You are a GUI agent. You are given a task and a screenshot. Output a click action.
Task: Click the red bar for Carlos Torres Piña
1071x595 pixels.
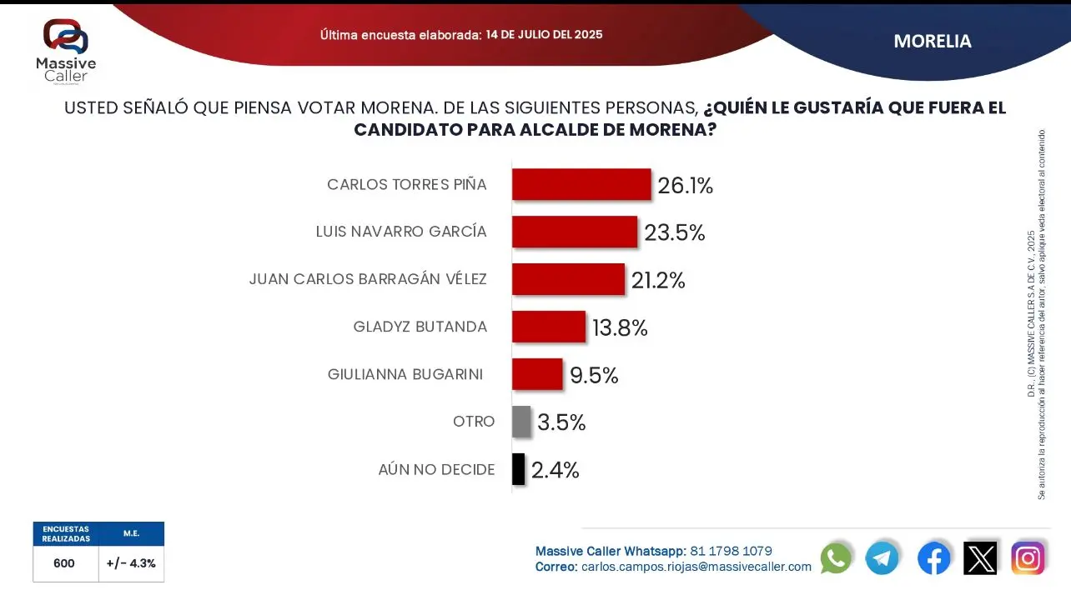click(581, 184)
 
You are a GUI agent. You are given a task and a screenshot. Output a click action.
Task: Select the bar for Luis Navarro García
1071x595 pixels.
click(574, 232)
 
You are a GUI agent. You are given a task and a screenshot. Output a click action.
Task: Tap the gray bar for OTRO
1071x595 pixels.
click(520, 422)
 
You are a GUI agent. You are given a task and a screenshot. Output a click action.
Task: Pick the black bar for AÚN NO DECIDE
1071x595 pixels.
click(518, 469)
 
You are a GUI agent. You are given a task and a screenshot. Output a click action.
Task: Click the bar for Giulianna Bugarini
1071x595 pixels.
click(536, 374)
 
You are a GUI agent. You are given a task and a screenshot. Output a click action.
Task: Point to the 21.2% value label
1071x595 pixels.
click(658, 281)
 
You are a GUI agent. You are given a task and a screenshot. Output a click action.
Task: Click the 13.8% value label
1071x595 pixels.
click(620, 328)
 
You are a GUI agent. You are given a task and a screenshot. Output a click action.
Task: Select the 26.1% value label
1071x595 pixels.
click(685, 186)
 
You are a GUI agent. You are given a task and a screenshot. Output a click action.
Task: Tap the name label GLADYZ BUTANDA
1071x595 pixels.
click(420, 327)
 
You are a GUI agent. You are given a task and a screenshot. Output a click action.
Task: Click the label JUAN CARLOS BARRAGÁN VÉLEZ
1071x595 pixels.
click(368, 279)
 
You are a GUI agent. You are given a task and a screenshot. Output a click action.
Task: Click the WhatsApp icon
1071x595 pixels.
click(836, 557)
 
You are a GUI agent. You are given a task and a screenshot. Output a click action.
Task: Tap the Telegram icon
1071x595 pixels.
click(882, 557)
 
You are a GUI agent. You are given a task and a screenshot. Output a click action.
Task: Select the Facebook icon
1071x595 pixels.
click(933, 557)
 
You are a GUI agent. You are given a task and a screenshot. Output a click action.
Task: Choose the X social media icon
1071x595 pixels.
click(980, 557)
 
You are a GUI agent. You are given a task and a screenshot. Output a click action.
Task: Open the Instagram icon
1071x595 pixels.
click(1028, 557)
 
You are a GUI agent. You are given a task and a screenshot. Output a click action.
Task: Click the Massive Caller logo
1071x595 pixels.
click(66, 50)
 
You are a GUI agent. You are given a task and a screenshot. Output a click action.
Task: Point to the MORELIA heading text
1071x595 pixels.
click(932, 41)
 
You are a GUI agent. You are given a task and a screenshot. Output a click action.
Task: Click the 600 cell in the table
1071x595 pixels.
click(64, 563)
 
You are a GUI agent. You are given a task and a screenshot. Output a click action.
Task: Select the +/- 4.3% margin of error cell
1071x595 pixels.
click(131, 563)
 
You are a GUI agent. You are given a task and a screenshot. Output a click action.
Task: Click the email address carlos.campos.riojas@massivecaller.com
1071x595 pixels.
click(696, 567)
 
